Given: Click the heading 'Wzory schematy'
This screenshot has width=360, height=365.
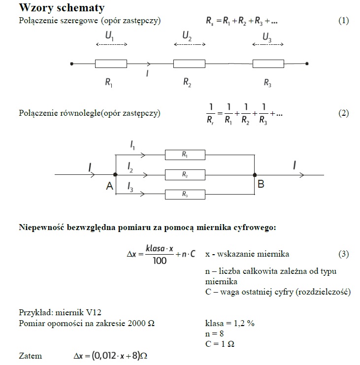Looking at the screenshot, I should pyautogui.click(x=61, y=9).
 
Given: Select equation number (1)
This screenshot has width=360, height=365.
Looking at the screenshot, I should pyautogui.click(x=343, y=21).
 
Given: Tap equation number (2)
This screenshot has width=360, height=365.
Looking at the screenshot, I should pyautogui.click(x=343, y=113).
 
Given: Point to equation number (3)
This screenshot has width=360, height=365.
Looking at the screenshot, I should pyautogui.click(x=343, y=255).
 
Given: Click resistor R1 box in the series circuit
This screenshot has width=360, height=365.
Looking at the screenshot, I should pyautogui.click(x=111, y=64).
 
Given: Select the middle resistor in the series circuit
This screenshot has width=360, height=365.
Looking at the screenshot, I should pyautogui.click(x=189, y=64).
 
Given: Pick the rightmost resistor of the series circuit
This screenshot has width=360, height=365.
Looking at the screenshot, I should pyautogui.click(x=268, y=64).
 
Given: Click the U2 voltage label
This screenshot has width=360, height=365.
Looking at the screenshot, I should pyautogui.click(x=187, y=36).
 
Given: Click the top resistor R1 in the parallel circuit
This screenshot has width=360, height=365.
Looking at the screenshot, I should pyautogui.click(x=185, y=155).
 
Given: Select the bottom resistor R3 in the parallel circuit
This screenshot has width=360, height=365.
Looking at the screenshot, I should pyautogui.click(x=185, y=195).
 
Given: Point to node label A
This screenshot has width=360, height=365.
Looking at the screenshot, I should pyautogui.click(x=109, y=186).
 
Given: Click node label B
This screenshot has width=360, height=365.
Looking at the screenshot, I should pyautogui.click(x=261, y=185).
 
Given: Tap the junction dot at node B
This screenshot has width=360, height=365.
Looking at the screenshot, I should pyautogui.click(x=255, y=175).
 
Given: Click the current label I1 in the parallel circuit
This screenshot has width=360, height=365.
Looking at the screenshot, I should pyautogui.click(x=133, y=145).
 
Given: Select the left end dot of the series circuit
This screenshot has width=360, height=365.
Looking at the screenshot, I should pyautogui.click(x=72, y=64).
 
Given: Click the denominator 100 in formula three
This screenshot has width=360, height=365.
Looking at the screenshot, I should pyautogui.click(x=160, y=261).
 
